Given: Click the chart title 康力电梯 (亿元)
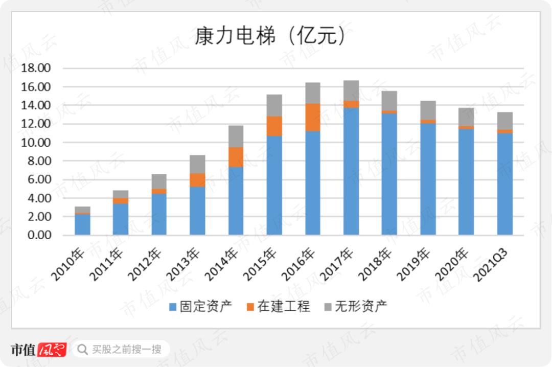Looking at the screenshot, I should tap(270, 36).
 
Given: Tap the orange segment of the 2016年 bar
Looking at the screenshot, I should tap(313, 117).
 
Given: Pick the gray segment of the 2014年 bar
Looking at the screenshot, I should tap(236, 136).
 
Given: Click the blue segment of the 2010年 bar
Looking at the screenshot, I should tap(82, 224).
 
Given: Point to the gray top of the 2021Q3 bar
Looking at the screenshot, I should tap(505, 121).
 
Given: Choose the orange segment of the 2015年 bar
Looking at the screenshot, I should tap(274, 126).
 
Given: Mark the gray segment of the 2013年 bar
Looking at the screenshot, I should tap(197, 164).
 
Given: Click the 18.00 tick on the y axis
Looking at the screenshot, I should tap(36, 68).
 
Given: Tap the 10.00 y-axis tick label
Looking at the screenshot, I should tap(36, 143).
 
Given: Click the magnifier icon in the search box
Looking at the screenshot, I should tap(82, 350).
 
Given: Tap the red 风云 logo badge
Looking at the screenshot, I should tap(52, 349).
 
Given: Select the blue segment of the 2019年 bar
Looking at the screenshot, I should tap(428, 179).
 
